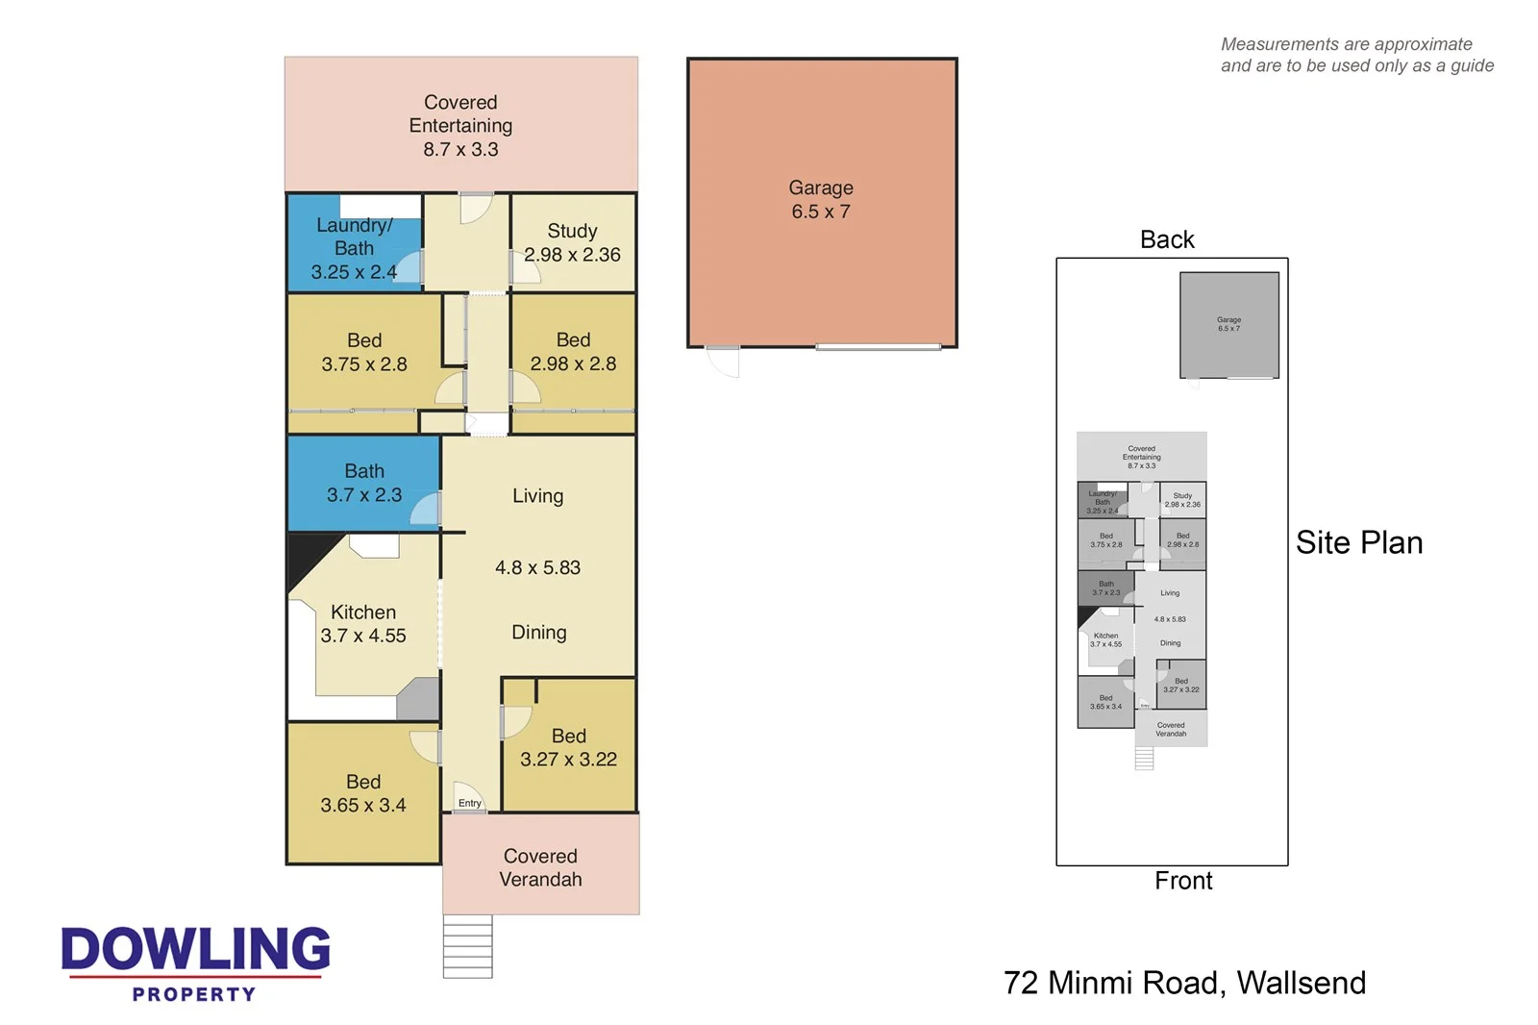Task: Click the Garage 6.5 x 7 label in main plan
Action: click(x=821, y=200)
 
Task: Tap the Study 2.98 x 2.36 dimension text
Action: click(x=572, y=255)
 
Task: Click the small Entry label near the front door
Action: click(x=469, y=803)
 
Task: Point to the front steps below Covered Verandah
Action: click(x=467, y=946)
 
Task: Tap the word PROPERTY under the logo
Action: click(x=194, y=994)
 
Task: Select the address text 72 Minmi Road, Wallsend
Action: click(x=1183, y=983)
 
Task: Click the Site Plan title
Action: click(x=1358, y=542)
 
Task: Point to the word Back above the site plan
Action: click(x=1166, y=239)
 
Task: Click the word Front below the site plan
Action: click(x=1182, y=881)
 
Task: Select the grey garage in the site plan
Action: click(x=1228, y=325)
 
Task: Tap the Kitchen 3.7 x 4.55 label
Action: click(x=362, y=624)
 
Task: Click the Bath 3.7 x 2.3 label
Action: click(x=363, y=483)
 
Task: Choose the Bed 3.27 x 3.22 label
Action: click(x=568, y=747)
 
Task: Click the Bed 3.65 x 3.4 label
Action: click(x=362, y=793)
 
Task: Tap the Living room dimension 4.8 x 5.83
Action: click(x=537, y=567)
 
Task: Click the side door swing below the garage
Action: click(x=723, y=362)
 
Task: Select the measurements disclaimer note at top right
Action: click(x=1356, y=55)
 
